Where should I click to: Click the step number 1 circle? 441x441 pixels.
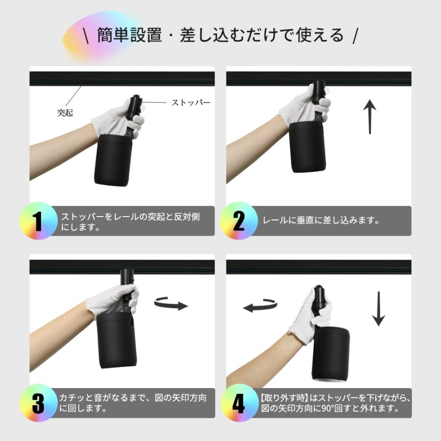pos(38,220)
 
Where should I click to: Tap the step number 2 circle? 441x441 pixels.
pos(239,220)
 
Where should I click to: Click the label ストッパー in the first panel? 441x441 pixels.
pos(191,102)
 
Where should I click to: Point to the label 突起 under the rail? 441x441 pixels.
pos(65,113)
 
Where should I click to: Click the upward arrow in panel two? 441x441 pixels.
pos(370,117)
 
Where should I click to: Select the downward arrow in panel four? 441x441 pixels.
pos(378,309)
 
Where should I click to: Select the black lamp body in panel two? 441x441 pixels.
pos(307,147)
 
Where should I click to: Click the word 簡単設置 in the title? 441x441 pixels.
pos(129,35)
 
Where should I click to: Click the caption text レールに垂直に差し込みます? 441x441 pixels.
pos(321,220)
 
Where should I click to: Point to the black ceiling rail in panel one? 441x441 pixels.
pos(122,78)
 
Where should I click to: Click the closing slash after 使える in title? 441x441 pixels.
pos(355,35)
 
